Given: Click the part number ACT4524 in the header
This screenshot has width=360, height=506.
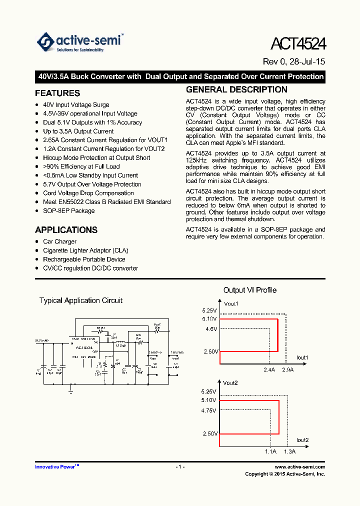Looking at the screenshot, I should pos(298,44).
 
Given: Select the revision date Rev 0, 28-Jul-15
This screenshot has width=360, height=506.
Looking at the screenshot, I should pos(294,62).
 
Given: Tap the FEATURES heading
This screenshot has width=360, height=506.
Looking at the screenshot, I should pos(57,93).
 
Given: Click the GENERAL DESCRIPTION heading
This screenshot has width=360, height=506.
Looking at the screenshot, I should pos(236,90).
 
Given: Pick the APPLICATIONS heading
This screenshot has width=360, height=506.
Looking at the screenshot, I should pos(66,230).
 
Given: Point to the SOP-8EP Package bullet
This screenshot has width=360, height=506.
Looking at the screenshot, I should pos(68,211).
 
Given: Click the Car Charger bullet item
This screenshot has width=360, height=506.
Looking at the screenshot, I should pos(59,241).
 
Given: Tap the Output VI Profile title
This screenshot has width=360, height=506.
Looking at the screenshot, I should pos(249,290).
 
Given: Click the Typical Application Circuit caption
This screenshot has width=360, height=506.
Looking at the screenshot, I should pos(81,300).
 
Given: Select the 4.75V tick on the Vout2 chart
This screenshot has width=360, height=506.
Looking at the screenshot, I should pos(209,410).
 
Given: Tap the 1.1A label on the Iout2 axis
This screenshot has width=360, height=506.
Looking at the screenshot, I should pos(270,451).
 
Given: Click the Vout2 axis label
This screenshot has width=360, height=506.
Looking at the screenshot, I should pos(230,383).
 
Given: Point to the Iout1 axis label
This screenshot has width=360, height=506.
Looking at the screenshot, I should pos(302,358).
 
